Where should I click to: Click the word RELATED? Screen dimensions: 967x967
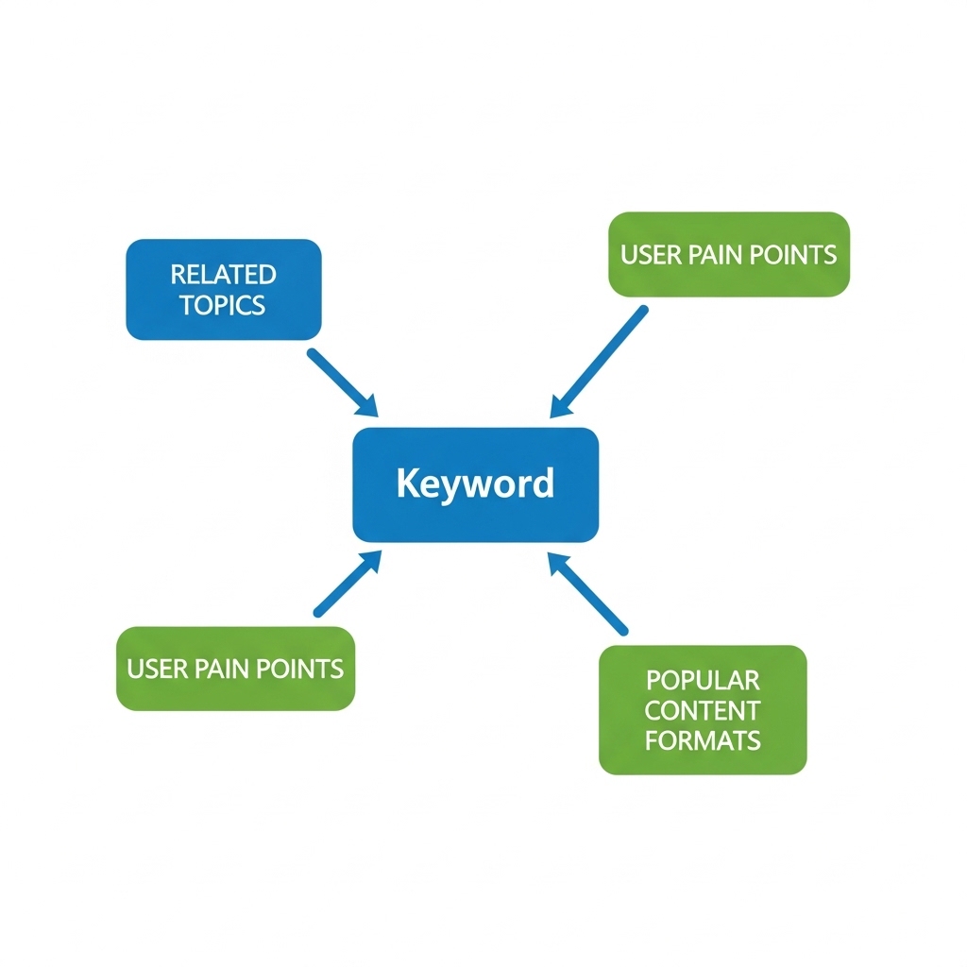[224, 275]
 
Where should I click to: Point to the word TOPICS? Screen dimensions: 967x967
[224, 305]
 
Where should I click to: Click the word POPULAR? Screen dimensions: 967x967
[703, 680]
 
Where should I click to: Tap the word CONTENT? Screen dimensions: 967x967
[703, 710]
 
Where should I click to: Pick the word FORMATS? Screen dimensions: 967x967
[703, 740]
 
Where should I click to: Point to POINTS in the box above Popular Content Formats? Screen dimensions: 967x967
[798, 255]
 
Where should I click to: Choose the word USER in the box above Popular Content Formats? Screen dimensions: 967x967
[645, 255]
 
